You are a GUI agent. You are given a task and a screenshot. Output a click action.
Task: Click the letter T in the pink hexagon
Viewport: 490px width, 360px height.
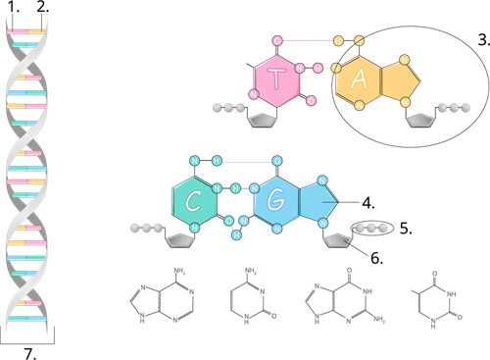[x=276, y=80]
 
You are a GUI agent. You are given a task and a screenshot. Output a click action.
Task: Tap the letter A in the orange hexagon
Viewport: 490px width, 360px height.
[x=359, y=79]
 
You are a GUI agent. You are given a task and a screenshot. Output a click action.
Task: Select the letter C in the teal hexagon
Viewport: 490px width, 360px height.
[x=193, y=202]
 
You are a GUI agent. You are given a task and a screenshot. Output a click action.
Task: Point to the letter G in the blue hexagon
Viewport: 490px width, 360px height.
[x=275, y=201]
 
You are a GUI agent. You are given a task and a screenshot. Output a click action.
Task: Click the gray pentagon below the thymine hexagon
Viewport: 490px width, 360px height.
[x=262, y=121]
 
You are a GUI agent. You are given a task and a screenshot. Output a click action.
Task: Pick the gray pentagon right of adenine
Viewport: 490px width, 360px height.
[x=420, y=120]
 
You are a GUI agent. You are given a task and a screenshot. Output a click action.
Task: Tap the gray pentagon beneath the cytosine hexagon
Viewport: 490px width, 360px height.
[x=179, y=240]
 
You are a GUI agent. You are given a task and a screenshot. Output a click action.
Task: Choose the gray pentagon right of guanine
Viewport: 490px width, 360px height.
[x=337, y=240]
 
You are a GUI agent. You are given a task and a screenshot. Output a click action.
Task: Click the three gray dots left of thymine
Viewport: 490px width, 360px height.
[x=228, y=108]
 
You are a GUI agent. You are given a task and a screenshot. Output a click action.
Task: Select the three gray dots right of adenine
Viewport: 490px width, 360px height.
[x=454, y=108]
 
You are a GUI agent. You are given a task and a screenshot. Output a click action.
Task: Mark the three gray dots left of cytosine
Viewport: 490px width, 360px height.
[x=146, y=228]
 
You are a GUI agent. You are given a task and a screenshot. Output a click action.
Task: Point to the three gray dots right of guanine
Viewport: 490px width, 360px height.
[x=371, y=228]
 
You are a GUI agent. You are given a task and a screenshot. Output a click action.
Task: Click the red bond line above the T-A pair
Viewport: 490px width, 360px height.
[x=308, y=40]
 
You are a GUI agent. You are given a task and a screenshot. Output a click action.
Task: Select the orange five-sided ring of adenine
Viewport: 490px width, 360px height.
[x=399, y=80]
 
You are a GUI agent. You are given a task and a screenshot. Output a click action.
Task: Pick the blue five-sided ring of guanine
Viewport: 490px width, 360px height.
[x=317, y=201]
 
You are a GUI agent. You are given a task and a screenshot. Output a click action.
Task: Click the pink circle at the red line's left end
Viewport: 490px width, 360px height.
[x=277, y=41]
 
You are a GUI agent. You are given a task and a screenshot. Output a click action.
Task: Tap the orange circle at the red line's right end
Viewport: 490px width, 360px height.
[x=338, y=41]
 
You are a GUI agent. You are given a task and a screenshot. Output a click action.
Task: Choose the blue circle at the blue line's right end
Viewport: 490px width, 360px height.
[x=277, y=161]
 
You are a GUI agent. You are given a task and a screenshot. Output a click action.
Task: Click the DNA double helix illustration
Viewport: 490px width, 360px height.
[x=26, y=177]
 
